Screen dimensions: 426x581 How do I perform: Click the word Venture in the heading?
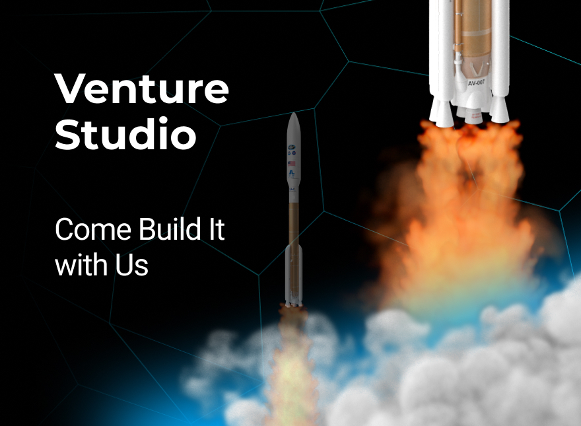(x=141, y=89)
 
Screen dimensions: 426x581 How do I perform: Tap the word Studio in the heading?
(x=125, y=135)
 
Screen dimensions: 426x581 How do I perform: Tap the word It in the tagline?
(x=215, y=231)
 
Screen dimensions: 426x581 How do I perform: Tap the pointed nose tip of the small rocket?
(x=293, y=115)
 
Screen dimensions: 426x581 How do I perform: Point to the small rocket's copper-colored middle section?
(x=293, y=221)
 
